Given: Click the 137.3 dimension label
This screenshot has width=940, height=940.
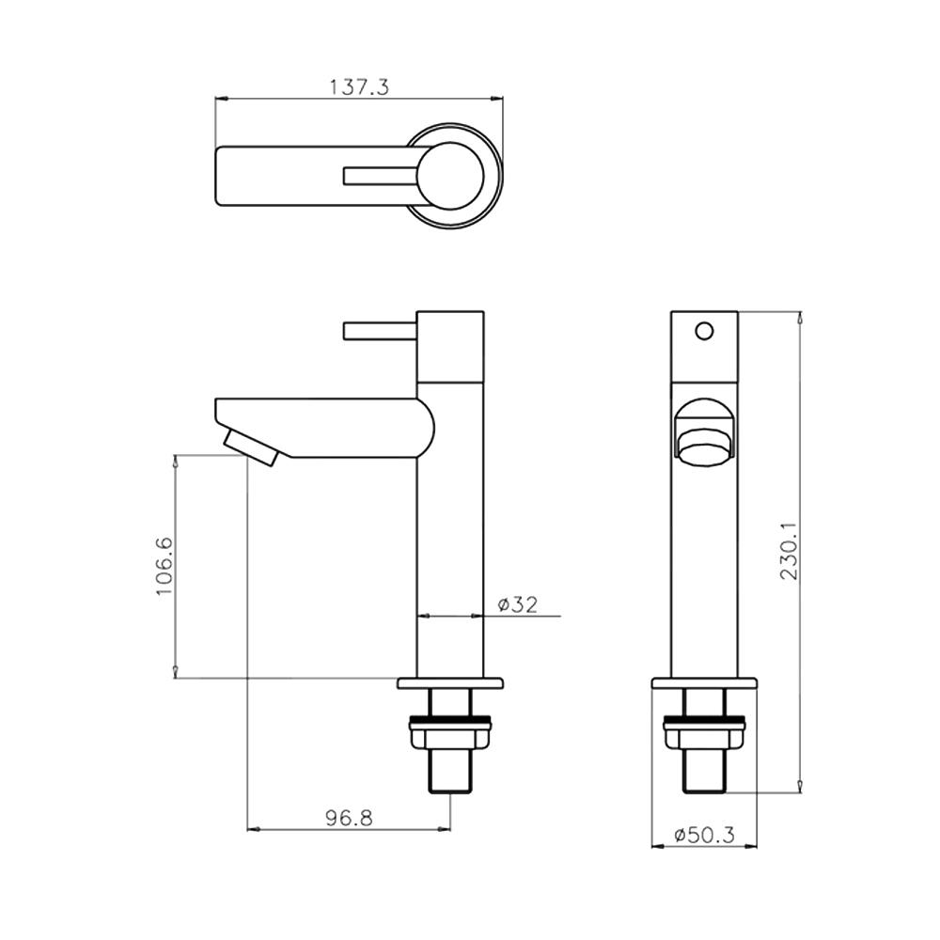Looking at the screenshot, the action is (x=359, y=87).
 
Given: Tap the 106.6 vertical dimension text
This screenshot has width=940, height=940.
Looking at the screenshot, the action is (x=164, y=566).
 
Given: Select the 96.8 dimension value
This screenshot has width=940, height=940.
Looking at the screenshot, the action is (x=349, y=818).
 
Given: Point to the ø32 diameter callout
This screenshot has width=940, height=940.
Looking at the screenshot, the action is (x=518, y=604).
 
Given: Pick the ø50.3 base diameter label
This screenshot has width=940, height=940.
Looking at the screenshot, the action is (x=704, y=835).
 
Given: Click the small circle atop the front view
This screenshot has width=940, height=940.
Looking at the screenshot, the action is (x=704, y=331).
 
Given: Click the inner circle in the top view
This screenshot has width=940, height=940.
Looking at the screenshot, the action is (x=450, y=177).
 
